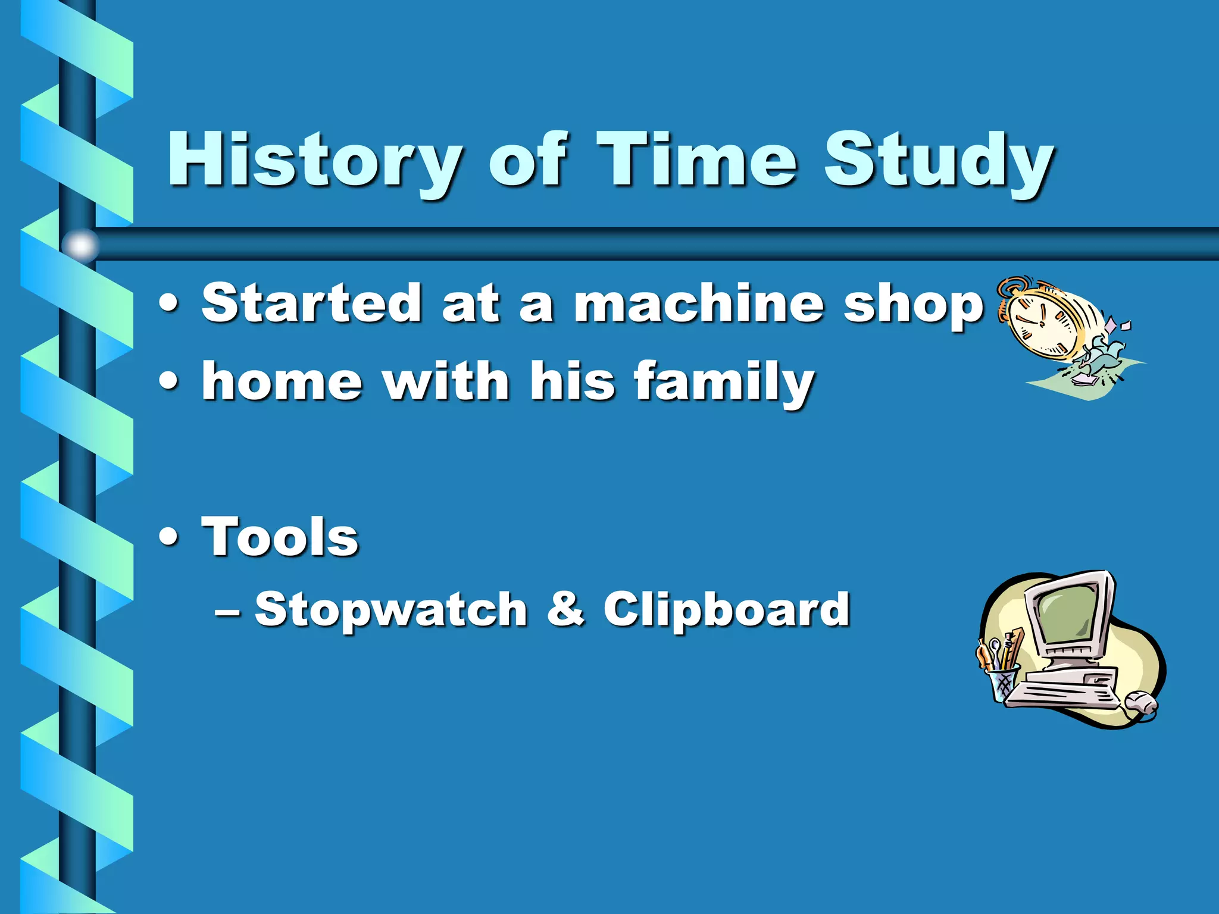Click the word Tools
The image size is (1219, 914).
[x=280, y=537]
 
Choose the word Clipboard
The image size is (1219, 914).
[x=726, y=611]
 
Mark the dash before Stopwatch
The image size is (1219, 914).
[x=228, y=611]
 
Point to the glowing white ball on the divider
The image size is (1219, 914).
[x=80, y=245]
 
